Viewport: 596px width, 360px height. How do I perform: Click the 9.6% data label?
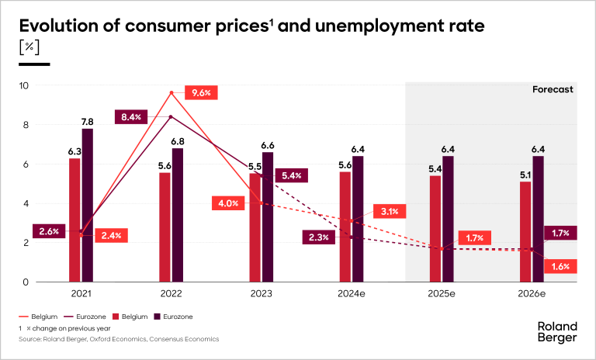[201, 92]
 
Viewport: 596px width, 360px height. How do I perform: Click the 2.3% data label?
[320, 238]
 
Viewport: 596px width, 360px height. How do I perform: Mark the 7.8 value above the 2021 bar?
[88, 122]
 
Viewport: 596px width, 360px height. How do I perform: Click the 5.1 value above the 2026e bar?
[525, 175]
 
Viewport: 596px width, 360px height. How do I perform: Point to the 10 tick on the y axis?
[24, 85]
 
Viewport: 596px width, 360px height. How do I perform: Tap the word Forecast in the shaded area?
[553, 89]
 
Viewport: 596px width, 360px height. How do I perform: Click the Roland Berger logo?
[557, 332]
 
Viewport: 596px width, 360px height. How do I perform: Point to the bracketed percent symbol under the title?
[29, 48]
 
